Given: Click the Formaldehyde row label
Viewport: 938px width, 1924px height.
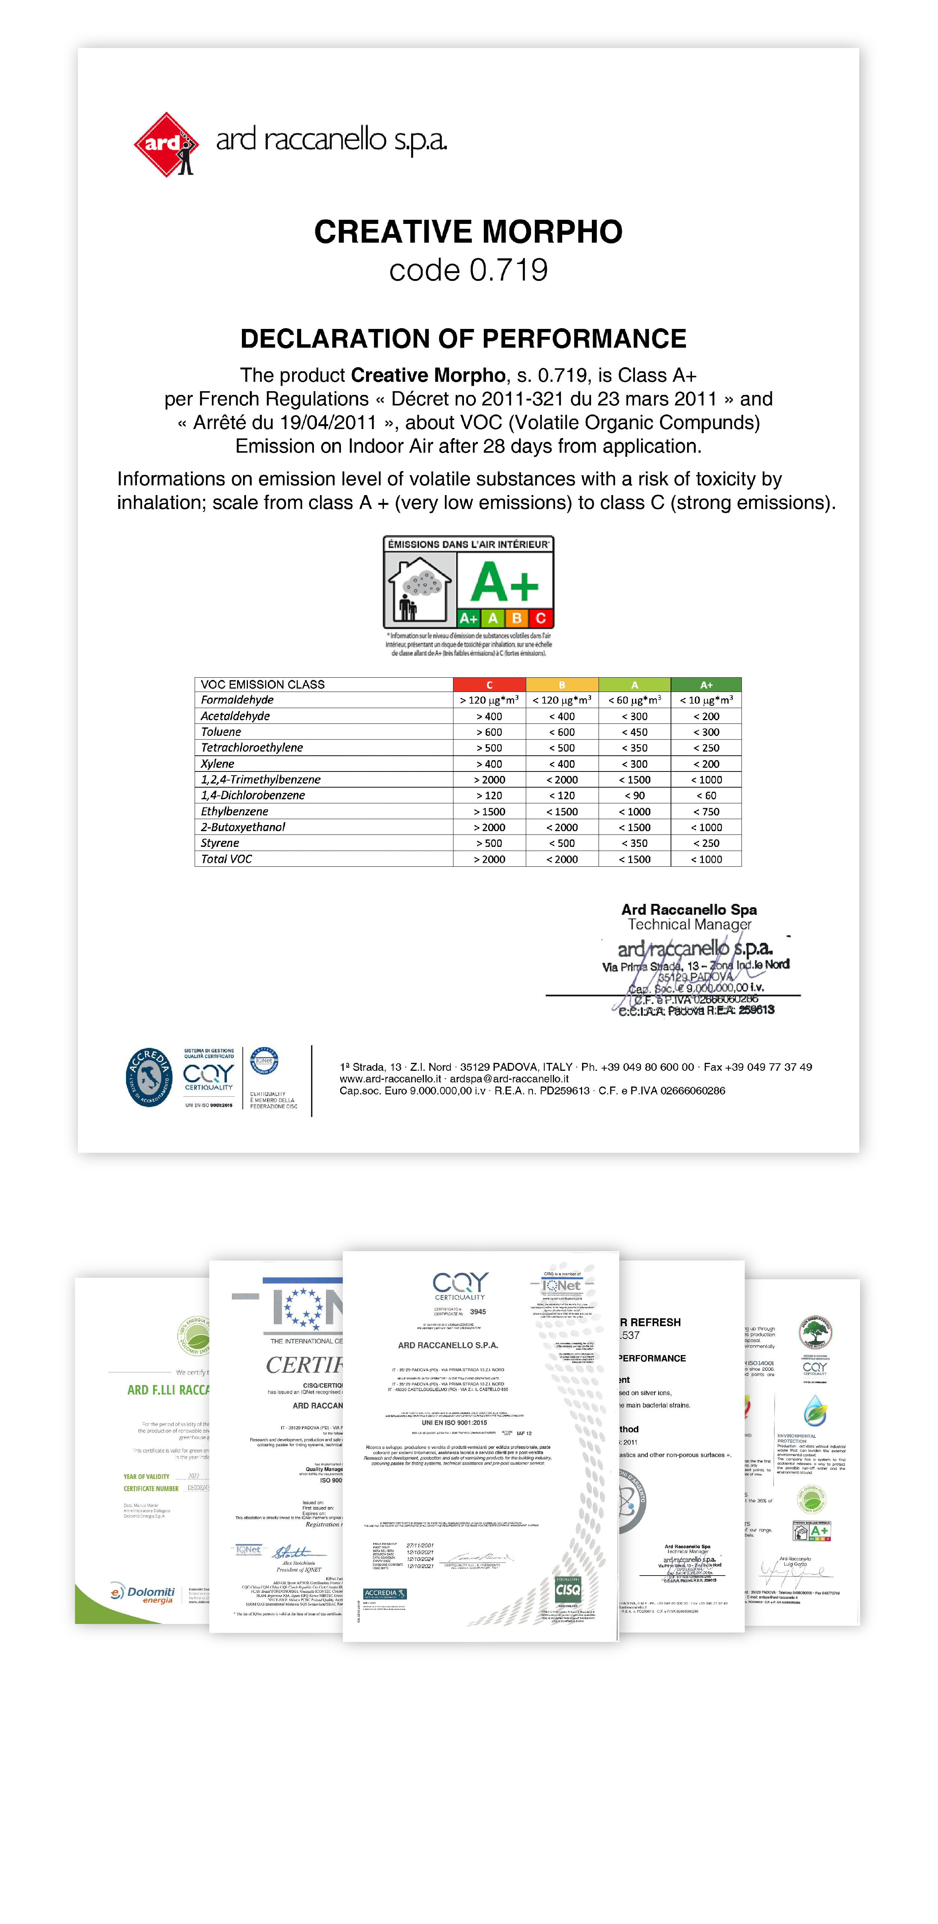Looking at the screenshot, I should point(237,700).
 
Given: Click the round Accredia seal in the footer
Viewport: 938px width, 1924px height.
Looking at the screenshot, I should point(149,1077).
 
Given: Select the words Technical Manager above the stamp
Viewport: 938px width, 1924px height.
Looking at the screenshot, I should point(689,924).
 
